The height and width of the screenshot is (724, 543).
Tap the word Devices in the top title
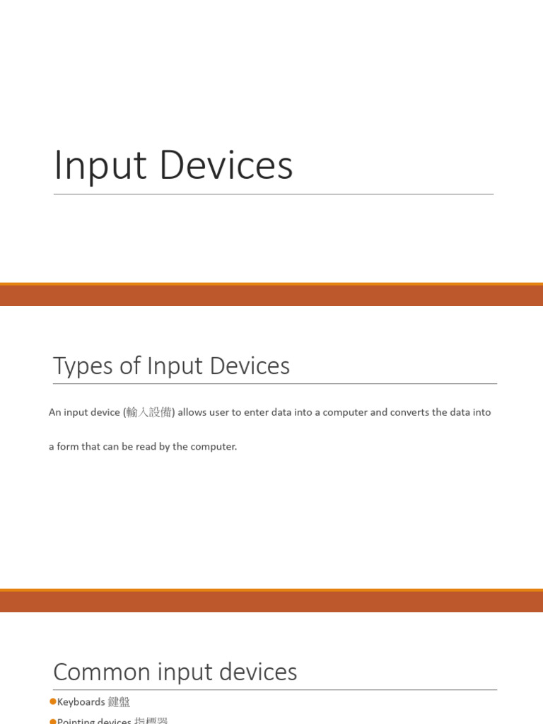[226, 165]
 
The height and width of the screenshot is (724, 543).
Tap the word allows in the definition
[192, 412]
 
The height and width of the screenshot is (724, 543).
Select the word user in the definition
[220, 412]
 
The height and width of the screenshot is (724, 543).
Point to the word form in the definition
[68, 447]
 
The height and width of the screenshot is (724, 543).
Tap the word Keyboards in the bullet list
[81, 702]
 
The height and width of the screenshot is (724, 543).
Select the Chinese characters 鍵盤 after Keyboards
[119, 702]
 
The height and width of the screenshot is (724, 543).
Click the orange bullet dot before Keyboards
[52, 701]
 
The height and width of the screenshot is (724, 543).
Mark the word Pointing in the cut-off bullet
[75, 720]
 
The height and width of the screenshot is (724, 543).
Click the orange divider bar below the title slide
[271, 295]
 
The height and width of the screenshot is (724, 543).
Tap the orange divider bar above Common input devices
[271, 601]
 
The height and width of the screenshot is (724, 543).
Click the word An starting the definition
[55, 412]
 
